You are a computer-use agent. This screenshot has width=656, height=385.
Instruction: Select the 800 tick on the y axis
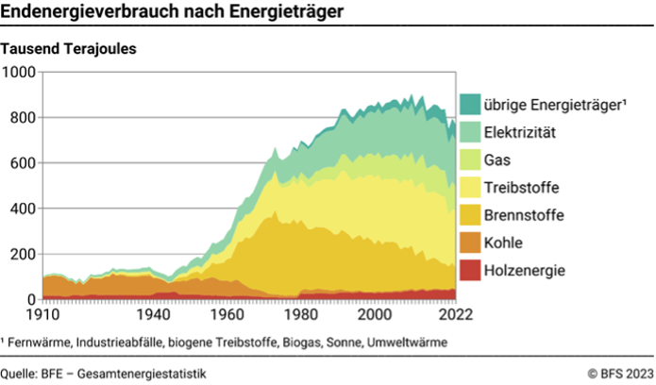pos(23,118)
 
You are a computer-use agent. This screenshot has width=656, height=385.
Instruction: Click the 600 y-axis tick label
pos(23,163)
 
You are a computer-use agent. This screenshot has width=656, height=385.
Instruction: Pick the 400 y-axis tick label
pos(23,209)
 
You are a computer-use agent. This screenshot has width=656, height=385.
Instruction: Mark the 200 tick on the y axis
pos(23,254)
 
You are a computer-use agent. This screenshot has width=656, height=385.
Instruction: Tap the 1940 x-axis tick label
pos(152,314)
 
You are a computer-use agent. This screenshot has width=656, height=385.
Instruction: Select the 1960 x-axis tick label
pos(226,314)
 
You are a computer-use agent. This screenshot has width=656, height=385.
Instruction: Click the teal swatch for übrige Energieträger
pos(469,104)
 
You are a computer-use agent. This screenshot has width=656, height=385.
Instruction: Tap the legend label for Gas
pos(497,160)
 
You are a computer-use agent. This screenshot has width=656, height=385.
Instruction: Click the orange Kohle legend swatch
pos(469,243)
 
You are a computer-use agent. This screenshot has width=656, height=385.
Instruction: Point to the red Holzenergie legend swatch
pos(469,272)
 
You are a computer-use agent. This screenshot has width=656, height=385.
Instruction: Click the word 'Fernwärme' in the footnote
pos(39,342)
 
